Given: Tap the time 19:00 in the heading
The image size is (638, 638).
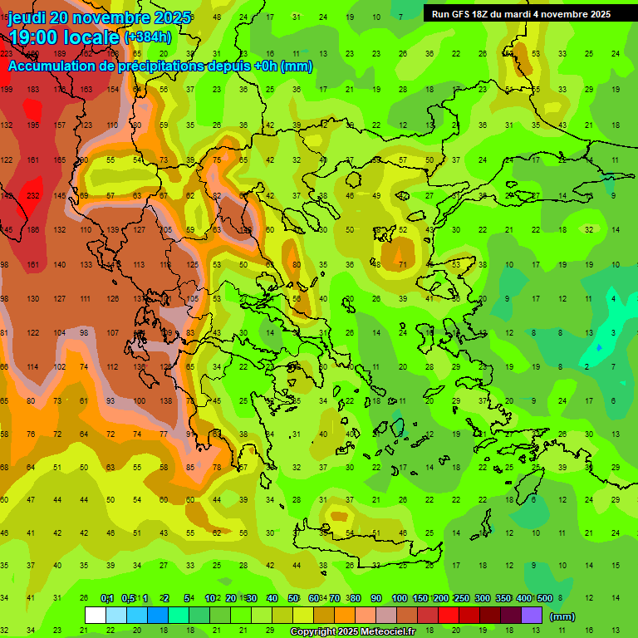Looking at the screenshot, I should coord(36,37).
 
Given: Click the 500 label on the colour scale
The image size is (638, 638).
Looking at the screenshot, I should coord(545,599).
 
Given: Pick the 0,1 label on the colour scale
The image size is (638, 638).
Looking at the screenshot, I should coord(107,599).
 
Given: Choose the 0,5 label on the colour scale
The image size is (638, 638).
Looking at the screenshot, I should coord(128,599).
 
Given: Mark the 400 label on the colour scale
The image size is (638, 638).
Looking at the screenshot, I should coord(523,599).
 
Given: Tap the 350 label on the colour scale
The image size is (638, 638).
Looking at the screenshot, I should coord(503,599).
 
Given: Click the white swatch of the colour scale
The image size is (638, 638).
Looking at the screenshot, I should coord(96,616).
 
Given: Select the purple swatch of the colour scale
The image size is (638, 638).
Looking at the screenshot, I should coord(532,616).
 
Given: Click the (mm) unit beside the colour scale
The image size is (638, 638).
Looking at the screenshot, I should coord(562,616).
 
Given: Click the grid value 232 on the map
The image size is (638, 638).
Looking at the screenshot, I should coord(33,195).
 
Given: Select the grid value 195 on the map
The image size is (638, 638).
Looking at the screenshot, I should coord(33,125).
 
